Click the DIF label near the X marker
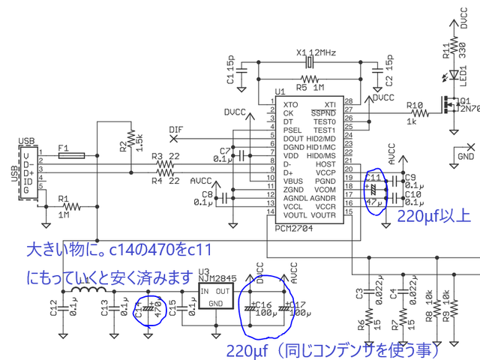175,129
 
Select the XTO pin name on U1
290,104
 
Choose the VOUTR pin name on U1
322,215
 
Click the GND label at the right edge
466,157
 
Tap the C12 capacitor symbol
63,307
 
